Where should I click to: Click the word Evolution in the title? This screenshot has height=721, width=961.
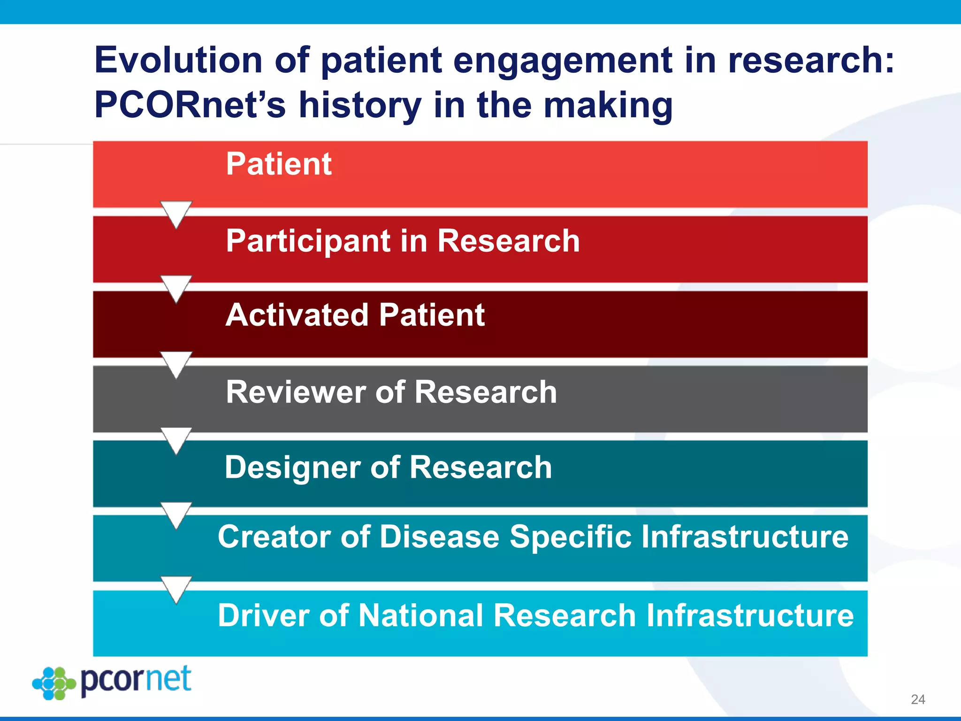(178, 60)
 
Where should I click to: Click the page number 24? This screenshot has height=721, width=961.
(918, 699)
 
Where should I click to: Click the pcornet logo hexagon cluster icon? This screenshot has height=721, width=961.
(54, 683)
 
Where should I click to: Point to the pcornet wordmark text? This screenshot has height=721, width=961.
(136, 679)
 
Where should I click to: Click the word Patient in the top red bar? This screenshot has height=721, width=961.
(279, 164)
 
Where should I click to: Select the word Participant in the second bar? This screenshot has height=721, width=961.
(305, 241)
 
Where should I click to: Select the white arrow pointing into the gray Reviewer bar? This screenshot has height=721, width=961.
(176, 364)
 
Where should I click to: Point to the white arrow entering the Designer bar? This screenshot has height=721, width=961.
(176, 440)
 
